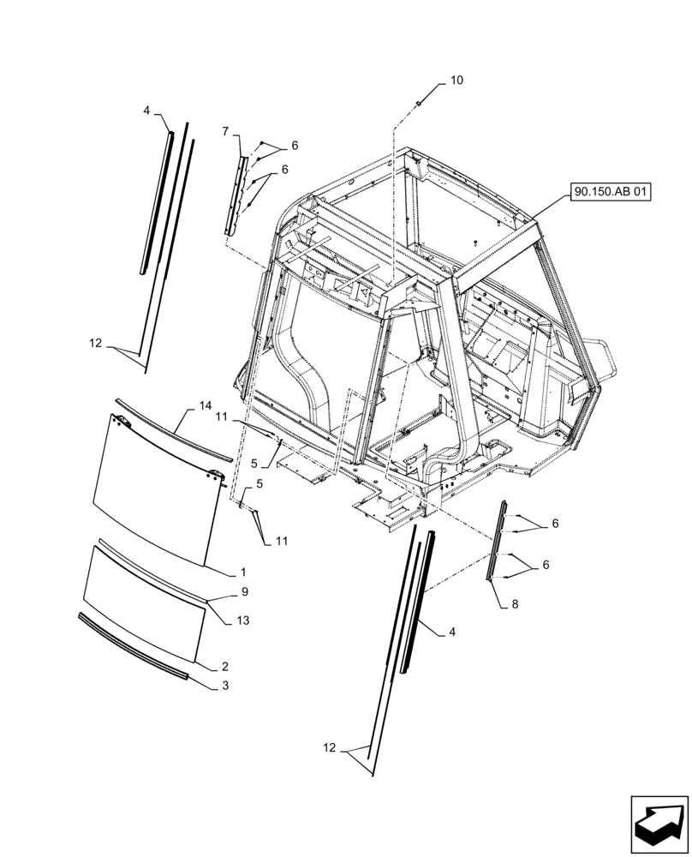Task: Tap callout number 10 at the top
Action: tap(456, 81)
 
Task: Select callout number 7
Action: tap(225, 131)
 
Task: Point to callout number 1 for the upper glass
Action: tap(242, 572)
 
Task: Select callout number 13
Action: tap(242, 620)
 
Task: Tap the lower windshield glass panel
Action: tap(143, 603)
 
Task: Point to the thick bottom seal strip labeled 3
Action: tap(133, 647)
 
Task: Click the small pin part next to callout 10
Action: tap(419, 104)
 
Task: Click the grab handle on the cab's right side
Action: tap(610, 360)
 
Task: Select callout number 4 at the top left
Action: tap(146, 111)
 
